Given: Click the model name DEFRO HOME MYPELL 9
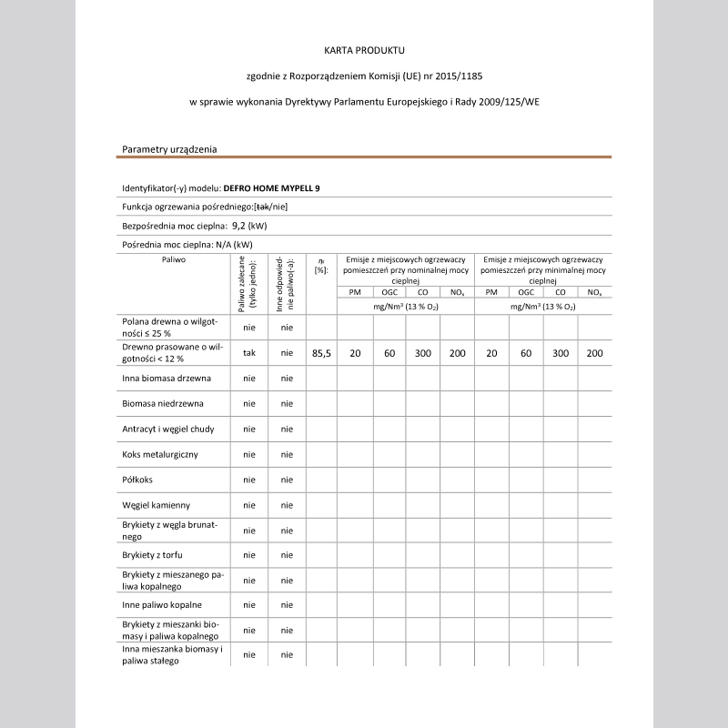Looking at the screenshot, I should pos(271,188).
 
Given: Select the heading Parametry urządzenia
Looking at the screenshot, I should pos(169,149).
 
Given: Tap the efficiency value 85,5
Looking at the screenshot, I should pos(321,352).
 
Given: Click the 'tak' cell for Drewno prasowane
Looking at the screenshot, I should pos(248,352).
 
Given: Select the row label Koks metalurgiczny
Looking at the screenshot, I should pos(160,453).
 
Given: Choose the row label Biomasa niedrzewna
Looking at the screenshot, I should pos(163,402).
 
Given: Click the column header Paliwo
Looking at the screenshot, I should pos(174,259).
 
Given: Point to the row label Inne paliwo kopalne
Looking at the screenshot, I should pos(162,604).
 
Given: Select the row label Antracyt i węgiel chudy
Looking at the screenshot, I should pos(168,428).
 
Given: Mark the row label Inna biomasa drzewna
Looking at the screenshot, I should pos(167,377).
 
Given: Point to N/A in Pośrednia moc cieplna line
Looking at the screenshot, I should pos(220,244).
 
